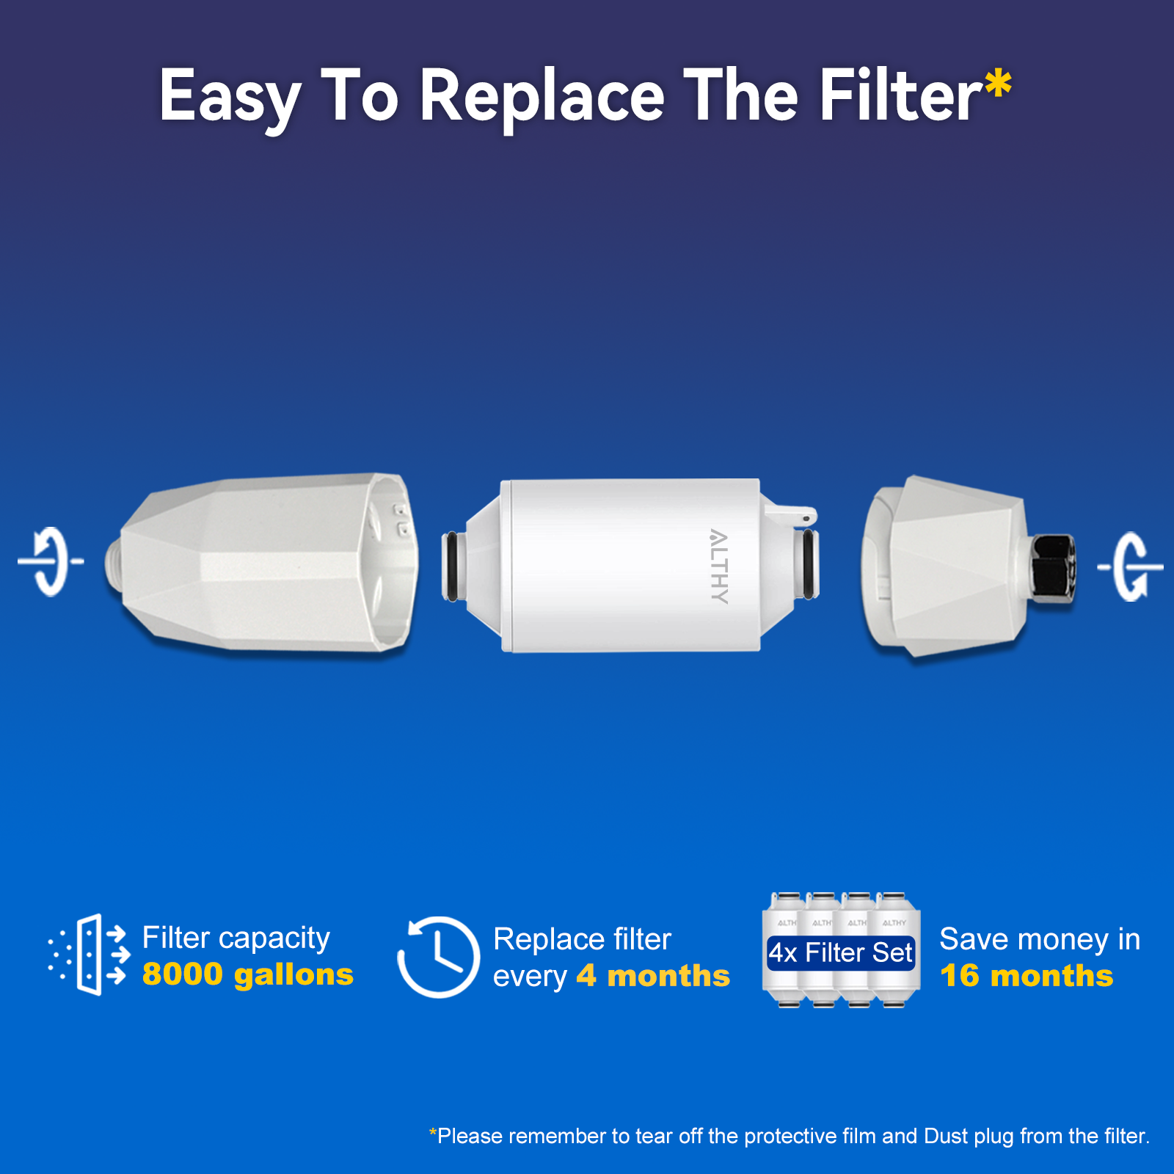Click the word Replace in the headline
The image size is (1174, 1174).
click(542, 95)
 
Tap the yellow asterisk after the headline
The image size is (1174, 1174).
click(998, 84)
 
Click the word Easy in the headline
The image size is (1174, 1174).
click(230, 95)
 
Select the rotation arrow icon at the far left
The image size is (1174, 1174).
click(50, 561)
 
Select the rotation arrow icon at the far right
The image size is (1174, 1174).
click(1130, 566)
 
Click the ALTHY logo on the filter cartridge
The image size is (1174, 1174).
click(719, 566)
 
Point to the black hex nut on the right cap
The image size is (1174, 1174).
click(1054, 565)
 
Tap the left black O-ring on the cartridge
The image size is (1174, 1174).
click(451, 566)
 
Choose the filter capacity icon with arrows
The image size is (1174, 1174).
click(89, 954)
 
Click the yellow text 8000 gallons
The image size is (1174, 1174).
click(247, 974)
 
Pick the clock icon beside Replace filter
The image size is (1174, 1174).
click(438, 957)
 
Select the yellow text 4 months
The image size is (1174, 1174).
click(653, 976)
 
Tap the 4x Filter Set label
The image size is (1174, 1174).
click(840, 952)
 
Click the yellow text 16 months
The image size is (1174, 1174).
click(1027, 976)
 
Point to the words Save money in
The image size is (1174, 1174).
click(1039, 939)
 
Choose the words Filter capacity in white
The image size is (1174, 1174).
click(236, 938)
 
